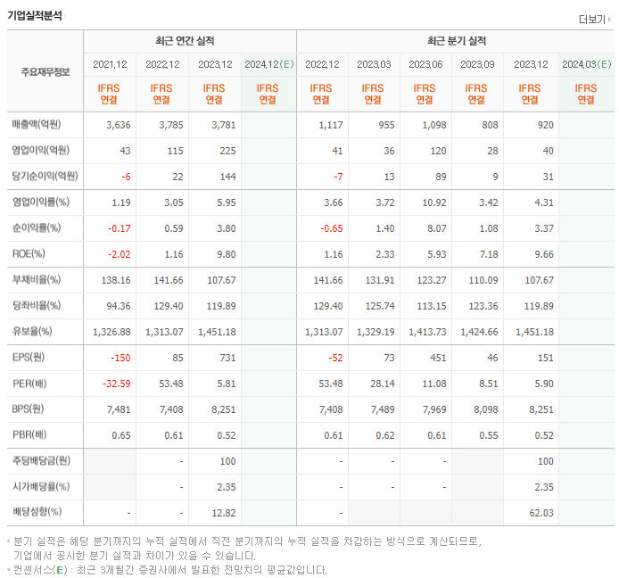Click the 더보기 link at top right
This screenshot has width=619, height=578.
click(594, 19)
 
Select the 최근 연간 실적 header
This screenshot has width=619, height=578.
click(189, 41)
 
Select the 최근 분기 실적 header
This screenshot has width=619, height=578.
click(455, 41)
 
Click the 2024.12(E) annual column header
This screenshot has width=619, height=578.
click(268, 64)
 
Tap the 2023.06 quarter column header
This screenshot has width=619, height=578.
click(425, 64)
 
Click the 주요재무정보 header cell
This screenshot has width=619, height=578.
click(45, 71)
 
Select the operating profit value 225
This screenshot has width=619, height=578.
click(227, 151)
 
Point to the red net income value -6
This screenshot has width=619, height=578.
click(124, 177)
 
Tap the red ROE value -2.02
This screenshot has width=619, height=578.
click(119, 254)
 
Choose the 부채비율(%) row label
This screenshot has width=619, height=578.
click(37, 280)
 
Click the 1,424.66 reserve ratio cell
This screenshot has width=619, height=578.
click(479, 332)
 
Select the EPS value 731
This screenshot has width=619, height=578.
click(227, 358)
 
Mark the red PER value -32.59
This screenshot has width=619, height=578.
click(116, 384)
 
